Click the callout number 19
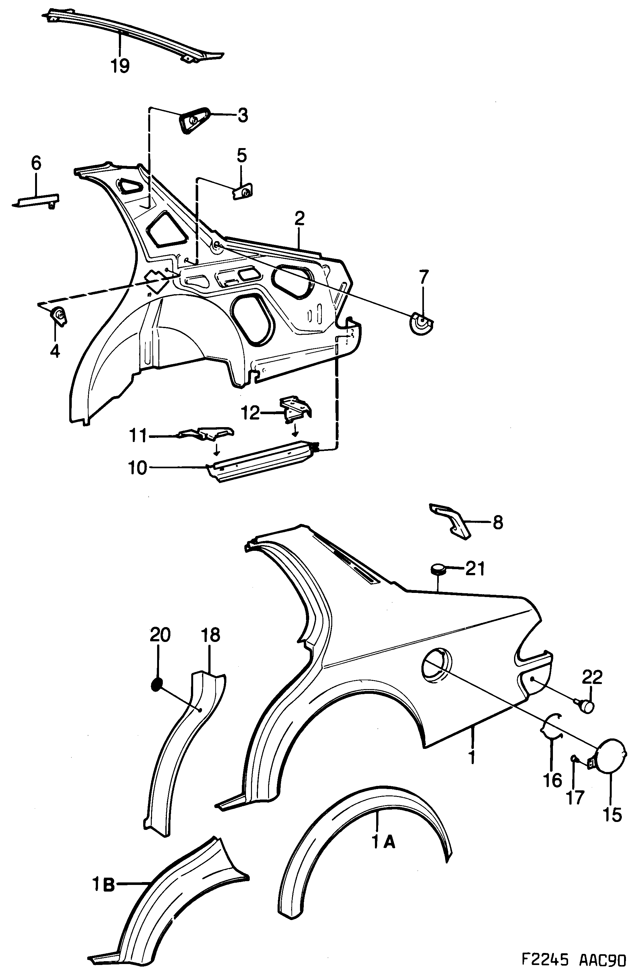[x=120, y=66]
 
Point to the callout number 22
[x=592, y=678]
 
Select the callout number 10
[x=138, y=468]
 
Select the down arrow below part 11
[x=216, y=451]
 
